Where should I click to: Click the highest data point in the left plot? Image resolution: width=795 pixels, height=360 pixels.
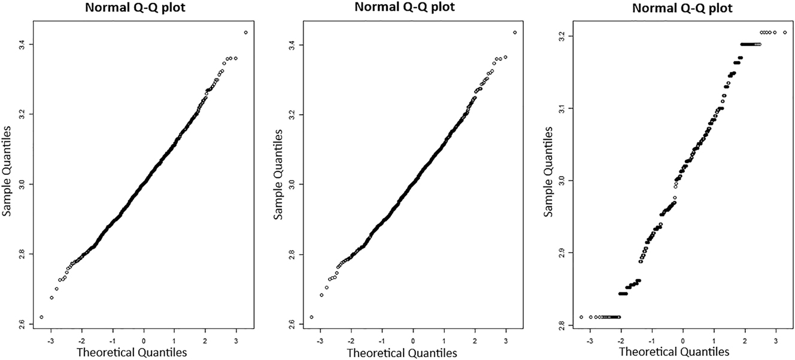tap(246, 32)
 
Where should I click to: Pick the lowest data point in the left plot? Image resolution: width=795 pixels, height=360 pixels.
tap(41, 317)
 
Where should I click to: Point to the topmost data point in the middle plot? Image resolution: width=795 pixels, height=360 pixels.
tap(515, 32)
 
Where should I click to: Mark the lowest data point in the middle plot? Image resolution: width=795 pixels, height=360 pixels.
tap(311, 317)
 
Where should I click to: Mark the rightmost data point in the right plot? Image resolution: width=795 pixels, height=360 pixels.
tap(785, 32)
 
